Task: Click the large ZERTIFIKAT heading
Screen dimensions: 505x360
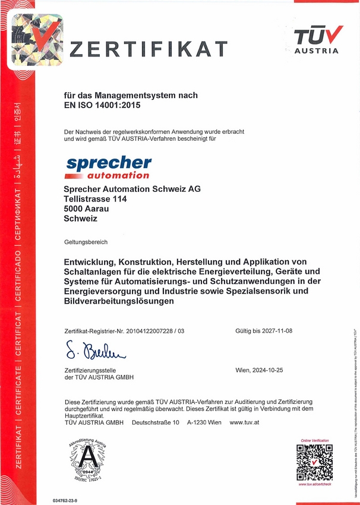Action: click(x=149, y=49)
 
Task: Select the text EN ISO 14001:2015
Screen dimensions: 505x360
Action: click(x=103, y=106)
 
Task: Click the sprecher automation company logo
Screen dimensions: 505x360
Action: click(x=108, y=167)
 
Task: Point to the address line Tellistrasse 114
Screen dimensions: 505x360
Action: click(x=95, y=199)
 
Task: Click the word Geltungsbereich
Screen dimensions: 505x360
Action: click(x=86, y=242)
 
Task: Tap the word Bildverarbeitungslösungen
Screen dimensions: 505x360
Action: click(x=119, y=302)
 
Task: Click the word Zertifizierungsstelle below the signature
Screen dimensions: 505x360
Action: click(x=89, y=370)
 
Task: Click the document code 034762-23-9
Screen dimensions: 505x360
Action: click(x=65, y=501)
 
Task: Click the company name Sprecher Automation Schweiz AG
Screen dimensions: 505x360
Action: click(x=132, y=189)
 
